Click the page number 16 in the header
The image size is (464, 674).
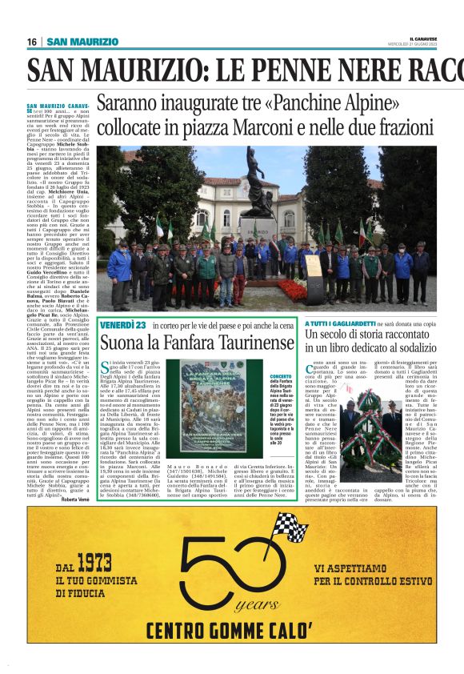(32, 42)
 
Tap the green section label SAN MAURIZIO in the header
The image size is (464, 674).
(82, 42)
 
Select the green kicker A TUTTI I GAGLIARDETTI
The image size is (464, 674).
(340, 323)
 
